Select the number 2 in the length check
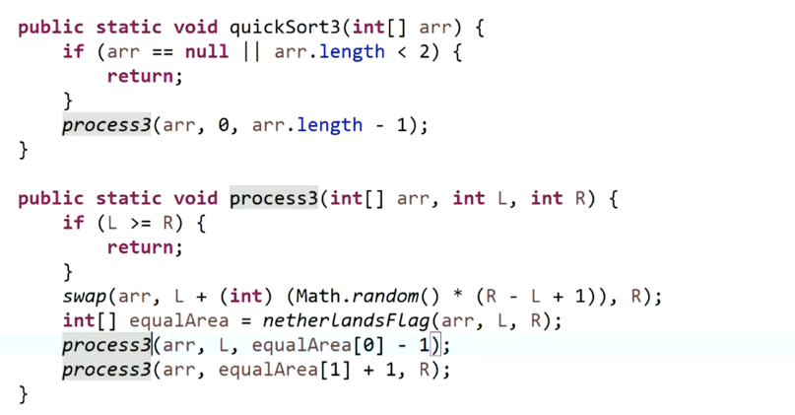point(426,52)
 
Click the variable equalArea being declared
point(173,321)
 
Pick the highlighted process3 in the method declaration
point(274,198)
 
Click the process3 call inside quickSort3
point(106,125)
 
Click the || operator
point(251,52)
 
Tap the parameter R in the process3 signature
point(582,198)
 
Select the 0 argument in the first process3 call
point(230,125)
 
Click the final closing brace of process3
point(24,394)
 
